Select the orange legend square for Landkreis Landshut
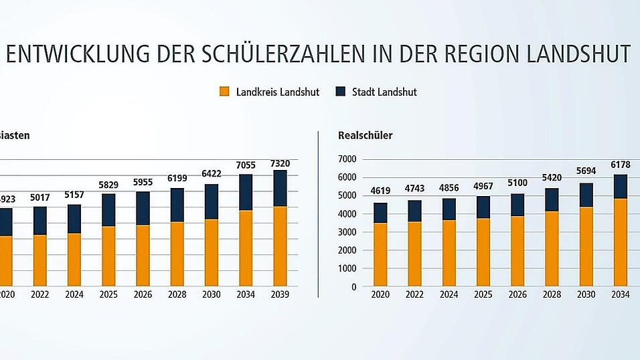[x=224, y=92]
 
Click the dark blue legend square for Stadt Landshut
[x=340, y=92]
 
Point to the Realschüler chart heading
[x=365, y=135]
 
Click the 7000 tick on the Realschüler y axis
[x=347, y=159]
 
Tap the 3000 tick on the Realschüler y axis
[x=347, y=232]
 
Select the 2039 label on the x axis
[x=280, y=294]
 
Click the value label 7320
[x=280, y=162]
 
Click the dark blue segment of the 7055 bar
[x=246, y=193]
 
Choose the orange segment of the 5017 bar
[x=39, y=260]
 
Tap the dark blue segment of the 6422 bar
[x=212, y=201]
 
